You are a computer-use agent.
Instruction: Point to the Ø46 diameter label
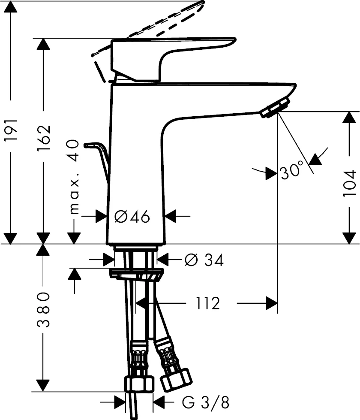click(132, 217)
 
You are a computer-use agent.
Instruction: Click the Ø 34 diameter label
click(204, 260)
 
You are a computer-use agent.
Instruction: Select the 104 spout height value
click(349, 183)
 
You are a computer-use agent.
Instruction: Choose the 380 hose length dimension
click(43, 310)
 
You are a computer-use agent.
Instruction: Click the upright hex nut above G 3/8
click(139, 383)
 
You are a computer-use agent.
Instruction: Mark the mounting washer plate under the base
click(136, 274)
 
